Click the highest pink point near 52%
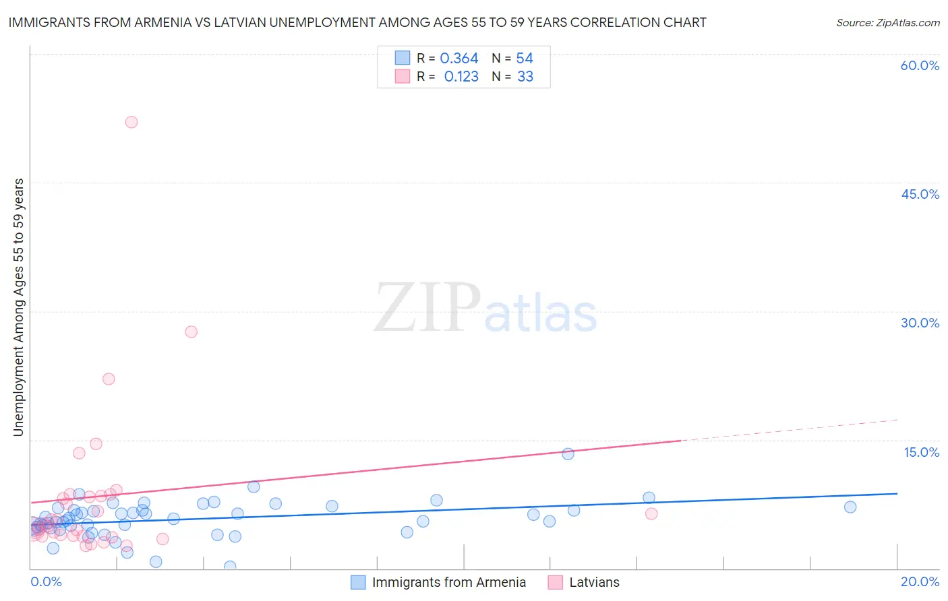(131, 122)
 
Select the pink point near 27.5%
(191, 331)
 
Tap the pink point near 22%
(109, 379)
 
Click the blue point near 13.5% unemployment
(568, 454)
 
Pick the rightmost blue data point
(850, 507)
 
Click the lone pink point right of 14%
(651, 513)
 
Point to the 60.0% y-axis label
(920, 65)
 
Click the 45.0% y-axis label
(920, 194)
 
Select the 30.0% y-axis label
(920, 323)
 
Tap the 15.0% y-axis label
(921, 452)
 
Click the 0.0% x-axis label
(46, 581)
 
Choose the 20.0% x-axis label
(920, 581)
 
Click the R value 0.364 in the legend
(459, 59)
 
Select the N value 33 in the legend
(525, 77)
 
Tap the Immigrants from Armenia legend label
(448, 582)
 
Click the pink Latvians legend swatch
(555, 582)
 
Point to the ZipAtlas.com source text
(887, 22)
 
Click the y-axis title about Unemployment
(18, 307)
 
